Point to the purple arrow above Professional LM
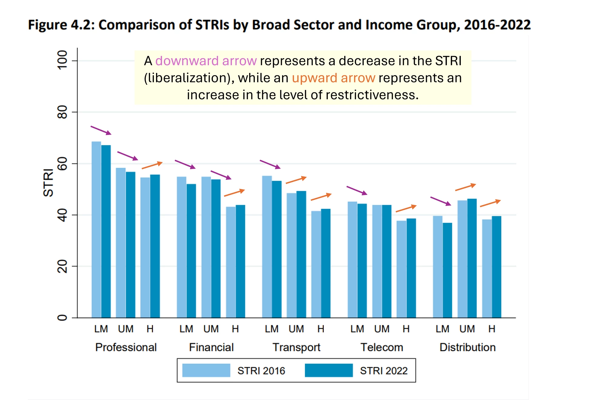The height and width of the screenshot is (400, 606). pos(101,130)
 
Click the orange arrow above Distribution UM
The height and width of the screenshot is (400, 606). pos(465,187)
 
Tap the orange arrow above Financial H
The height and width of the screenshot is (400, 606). pos(234,193)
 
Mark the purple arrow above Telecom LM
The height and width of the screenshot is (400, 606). pos(357,190)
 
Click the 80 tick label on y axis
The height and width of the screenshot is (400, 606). pos(62,112)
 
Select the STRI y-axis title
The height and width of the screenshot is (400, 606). pos(48,183)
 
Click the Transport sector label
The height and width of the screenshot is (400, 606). pos(296,347)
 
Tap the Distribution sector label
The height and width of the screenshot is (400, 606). pos(468,347)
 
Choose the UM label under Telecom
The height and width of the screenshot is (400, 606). pos(382,329)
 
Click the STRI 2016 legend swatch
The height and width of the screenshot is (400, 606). pos(206,370)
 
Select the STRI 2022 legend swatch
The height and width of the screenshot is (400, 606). pos(329,370)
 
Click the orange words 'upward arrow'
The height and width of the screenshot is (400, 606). pos(333,78)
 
